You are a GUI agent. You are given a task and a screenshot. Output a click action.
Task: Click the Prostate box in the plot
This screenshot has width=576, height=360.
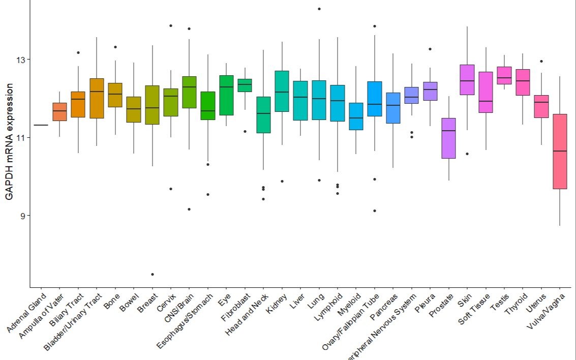(448, 138)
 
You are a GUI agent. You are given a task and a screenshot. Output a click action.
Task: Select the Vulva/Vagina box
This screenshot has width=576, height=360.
(559, 152)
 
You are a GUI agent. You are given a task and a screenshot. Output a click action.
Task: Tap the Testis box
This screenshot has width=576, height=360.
(504, 75)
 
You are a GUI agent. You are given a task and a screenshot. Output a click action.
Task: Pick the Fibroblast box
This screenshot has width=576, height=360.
(245, 85)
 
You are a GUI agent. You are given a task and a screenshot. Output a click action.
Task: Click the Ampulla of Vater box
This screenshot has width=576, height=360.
(59, 112)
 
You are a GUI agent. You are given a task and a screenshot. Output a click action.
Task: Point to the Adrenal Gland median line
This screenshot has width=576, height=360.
(41, 125)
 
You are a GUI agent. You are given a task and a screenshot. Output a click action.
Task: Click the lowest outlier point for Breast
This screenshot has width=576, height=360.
(152, 275)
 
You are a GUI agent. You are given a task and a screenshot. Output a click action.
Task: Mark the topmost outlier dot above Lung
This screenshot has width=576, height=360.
(319, 9)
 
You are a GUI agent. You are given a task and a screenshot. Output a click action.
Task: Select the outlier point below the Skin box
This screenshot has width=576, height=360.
(467, 154)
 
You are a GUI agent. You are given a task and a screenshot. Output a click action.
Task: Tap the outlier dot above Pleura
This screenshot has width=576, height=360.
(430, 49)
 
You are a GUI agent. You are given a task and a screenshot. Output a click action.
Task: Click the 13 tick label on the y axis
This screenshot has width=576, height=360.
(20, 60)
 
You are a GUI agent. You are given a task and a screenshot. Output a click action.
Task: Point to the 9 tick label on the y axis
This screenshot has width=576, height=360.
(22, 216)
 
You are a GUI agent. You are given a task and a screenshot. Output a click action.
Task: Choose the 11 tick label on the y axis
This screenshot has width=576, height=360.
(20, 138)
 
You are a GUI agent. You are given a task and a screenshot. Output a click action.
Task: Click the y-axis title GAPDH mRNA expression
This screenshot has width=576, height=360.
(9, 144)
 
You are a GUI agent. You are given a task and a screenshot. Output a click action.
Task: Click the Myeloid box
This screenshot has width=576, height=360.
(356, 116)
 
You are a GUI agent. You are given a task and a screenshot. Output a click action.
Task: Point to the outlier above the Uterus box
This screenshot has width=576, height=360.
(541, 61)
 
